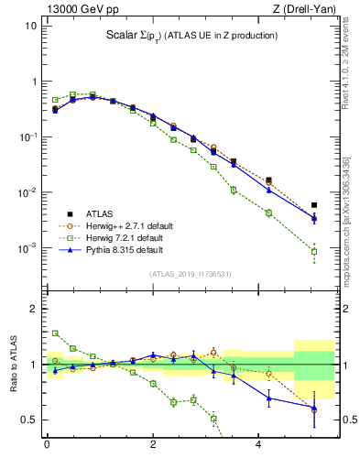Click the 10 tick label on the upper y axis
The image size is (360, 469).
coord(30,26)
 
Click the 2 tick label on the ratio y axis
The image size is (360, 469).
coord(33,309)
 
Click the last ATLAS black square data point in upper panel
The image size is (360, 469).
coord(314,205)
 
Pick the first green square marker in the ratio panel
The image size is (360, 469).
coord(55,333)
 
